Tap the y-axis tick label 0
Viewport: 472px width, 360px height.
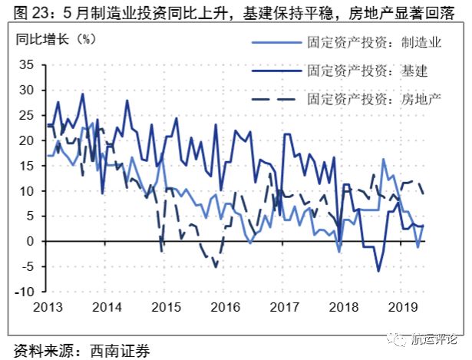pyautogui.click(x=30, y=241)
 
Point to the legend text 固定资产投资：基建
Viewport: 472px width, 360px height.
pyautogui.click(x=361, y=71)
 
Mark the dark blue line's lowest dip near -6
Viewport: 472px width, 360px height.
pyautogui.click(x=378, y=270)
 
